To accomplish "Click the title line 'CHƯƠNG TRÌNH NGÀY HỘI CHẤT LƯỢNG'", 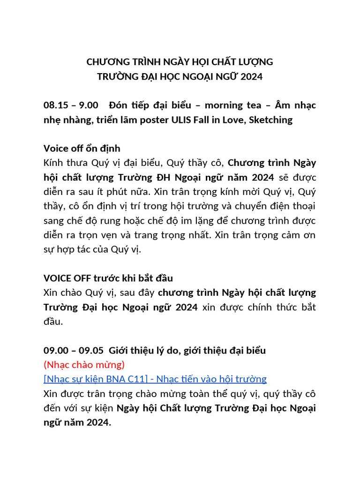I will click(180, 62).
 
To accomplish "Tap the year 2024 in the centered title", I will click(251, 76).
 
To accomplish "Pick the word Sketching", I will click(271, 120).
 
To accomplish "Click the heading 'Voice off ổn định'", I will click(82, 149).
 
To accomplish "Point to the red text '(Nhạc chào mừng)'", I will click(84, 364).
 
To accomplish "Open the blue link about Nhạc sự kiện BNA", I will click(155, 379).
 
